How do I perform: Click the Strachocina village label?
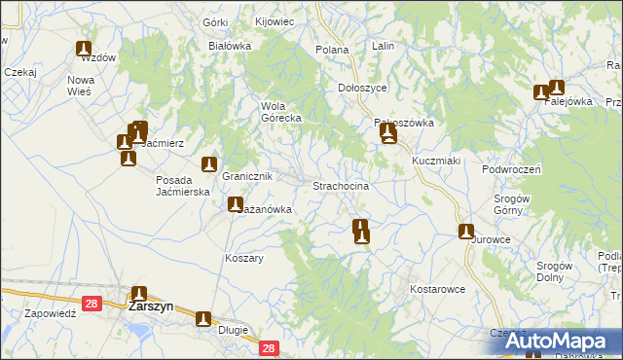(340, 186)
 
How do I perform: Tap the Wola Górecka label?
(280, 112)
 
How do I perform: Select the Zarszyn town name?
(151, 306)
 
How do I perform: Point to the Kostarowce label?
(437, 290)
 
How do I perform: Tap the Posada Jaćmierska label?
(184, 186)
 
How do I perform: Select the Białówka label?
(230, 46)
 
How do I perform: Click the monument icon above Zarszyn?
(139, 294)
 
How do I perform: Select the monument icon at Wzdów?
(84, 49)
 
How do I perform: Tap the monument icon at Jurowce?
(466, 232)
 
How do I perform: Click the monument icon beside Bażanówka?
(235, 204)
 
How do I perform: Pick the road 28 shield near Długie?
(269, 348)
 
